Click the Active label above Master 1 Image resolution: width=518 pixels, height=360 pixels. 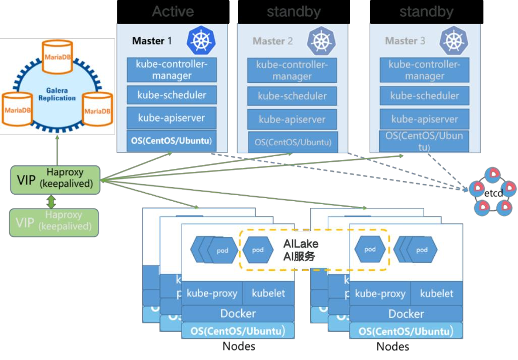[x=172, y=12]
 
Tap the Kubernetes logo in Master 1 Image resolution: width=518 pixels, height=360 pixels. [x=201, y=40]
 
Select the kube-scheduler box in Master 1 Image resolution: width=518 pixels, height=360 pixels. [x=172, y=95]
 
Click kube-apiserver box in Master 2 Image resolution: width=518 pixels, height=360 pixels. [x=292, y=119]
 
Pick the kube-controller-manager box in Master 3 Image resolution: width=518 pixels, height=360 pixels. [x=424, y=70]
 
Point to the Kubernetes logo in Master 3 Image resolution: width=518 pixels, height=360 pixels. [x=454, y=40]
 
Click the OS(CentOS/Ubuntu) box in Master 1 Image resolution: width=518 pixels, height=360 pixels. [x=172, y=140]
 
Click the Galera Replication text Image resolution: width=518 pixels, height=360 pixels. [x=57, y=94]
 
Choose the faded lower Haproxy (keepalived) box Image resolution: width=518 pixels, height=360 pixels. [x=54, y=222]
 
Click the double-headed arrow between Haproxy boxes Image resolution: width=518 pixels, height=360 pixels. [x=51, y=202]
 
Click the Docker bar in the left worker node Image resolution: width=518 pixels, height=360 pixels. [x=238, y=314]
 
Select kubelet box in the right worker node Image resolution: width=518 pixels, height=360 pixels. [x=437, y=293]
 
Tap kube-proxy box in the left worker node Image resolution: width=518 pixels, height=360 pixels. [x=212, y=293]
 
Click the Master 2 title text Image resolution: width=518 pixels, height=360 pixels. [x=272, y=41]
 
